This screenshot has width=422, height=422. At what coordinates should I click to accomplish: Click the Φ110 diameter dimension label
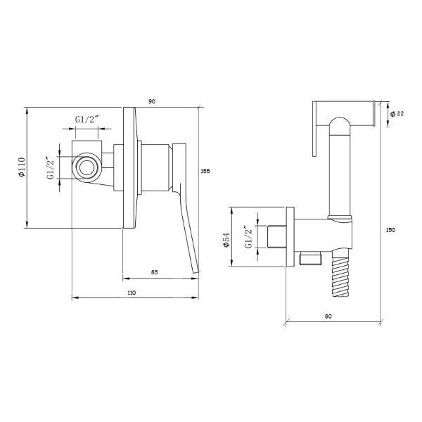point(22,167)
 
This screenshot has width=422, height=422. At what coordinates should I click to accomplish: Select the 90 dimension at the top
point(152,102)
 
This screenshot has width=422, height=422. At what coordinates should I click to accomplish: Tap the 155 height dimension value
point(205,171)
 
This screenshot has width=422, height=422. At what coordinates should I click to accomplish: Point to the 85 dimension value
point(154,272)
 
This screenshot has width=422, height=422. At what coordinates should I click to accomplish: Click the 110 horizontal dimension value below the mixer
point(132,293)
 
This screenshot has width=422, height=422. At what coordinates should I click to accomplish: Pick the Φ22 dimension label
point(397,114)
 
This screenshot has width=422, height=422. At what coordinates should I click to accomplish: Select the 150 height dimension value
point(390,230)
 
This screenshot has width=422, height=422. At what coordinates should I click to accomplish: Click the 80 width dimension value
point(328,316)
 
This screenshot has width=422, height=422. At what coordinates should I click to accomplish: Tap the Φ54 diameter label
point(226,240)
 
